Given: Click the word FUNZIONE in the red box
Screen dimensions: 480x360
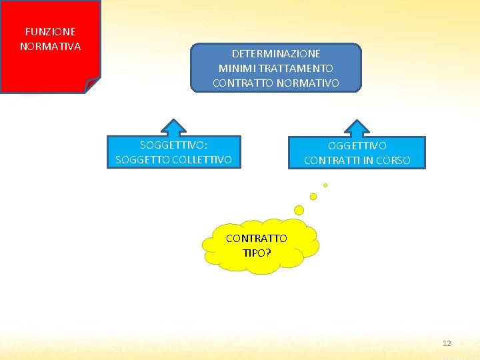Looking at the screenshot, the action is pos(50,31).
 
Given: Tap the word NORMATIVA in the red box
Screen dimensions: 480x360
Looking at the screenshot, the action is pos(50,47).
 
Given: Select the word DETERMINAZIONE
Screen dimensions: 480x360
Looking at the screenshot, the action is pos(276,53).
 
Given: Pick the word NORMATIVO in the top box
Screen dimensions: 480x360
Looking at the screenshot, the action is pos(307,83).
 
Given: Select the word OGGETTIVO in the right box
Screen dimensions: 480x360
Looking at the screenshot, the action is pos(357,145).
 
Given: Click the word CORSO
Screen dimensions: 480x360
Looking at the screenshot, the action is pos(393,161).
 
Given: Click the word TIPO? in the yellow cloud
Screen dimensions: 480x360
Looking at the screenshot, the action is pos(257,253).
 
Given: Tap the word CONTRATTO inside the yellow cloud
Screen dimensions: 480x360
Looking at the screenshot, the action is pos(257,238).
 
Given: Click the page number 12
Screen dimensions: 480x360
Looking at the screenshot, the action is pos(447,343).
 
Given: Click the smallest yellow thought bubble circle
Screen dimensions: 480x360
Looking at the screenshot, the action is pos(325,185).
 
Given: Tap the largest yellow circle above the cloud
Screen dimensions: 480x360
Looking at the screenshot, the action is pos(299,210).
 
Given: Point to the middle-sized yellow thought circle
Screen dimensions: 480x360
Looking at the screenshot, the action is pos(313,197).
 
